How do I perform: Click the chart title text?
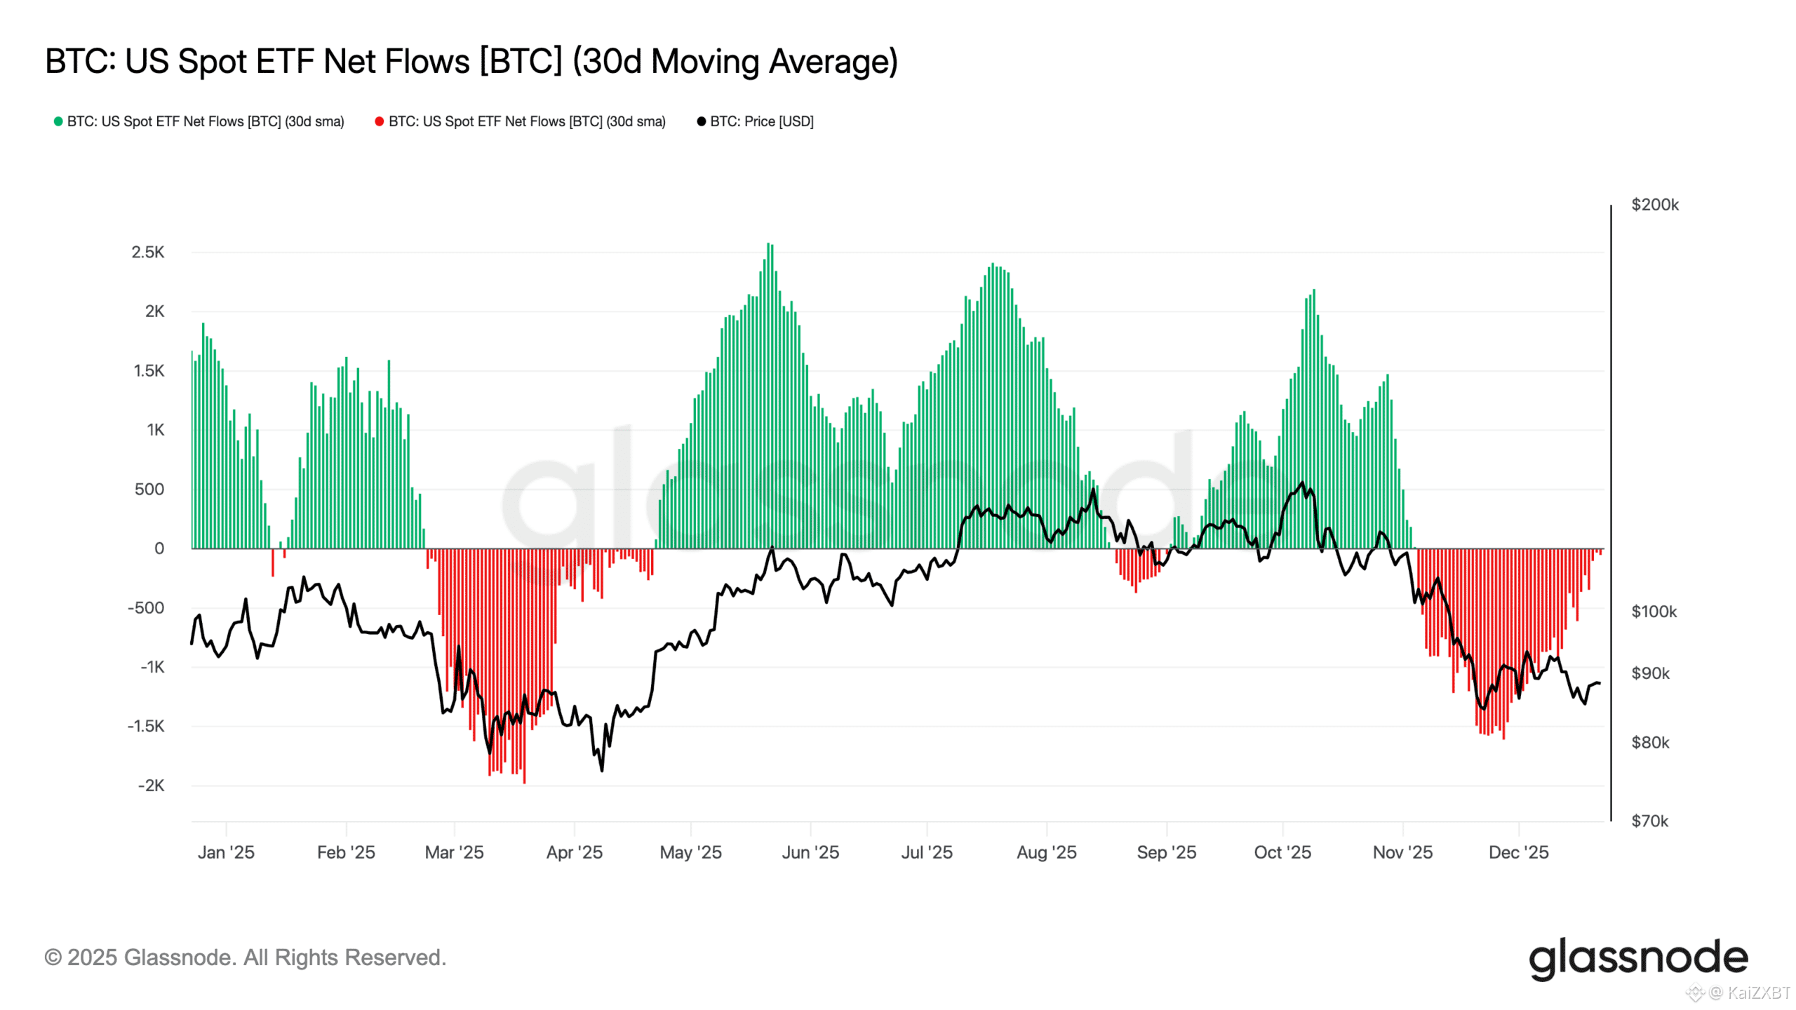point(471,62)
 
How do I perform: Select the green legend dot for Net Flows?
point(58,121)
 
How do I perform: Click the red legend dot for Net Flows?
point(380,121)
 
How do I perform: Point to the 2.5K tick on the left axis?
point(148,252)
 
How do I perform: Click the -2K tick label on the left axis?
point(151,786)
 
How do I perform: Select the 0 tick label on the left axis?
point(159,548)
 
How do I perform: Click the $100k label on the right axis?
point(1654,612)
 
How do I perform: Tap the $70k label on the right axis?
point(1649,821)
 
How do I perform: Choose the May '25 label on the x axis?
point(690,852)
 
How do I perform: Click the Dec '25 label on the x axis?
point(1518,852)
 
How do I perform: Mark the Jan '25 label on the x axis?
point(226,852)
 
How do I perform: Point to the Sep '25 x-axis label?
point(1166,852)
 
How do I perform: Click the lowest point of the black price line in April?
point(602,770)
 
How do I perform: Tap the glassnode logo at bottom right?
point(1637,958)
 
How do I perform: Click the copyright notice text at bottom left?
point(246,957)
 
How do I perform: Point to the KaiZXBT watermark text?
point(1758,992)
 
